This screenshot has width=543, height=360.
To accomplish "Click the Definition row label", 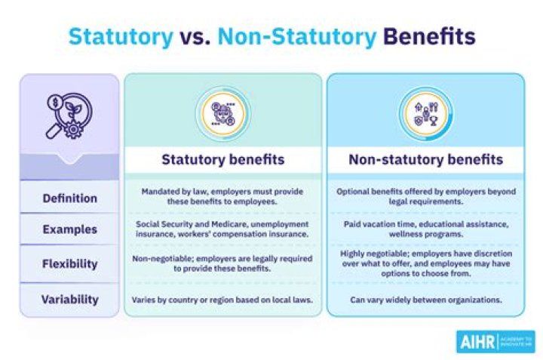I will [x=69, y=198].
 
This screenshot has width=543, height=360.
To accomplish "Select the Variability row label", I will [x=69, y=299].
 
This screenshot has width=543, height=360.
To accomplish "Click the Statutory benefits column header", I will [x=222, y=159].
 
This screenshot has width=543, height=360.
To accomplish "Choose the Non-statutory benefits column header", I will [x=425, y=159].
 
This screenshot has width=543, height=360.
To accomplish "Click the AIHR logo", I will [x=495, y=341].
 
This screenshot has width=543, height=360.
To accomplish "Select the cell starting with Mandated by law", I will [x=222, y=198].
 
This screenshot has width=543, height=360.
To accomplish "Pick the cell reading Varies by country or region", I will [x=222, y=299].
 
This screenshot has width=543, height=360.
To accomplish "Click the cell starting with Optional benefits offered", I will [x=425, y=198].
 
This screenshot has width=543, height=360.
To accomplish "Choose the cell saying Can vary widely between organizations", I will [x=425, y=299].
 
